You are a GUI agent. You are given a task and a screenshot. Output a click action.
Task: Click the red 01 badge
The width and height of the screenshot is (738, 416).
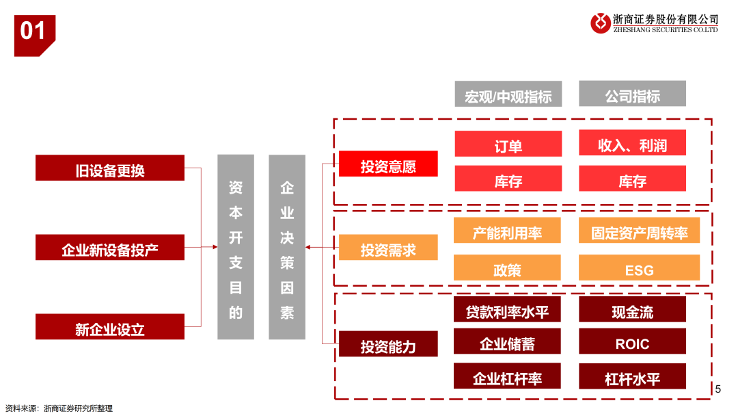click(x=33, y=32)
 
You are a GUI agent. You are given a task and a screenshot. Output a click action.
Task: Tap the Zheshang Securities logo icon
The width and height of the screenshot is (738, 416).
click(x=601, y=23)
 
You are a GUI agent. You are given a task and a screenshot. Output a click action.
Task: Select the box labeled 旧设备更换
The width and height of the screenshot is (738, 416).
click(x=110, y=168)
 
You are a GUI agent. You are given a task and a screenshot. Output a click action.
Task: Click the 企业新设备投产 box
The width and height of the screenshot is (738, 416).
click(x=110, y=248)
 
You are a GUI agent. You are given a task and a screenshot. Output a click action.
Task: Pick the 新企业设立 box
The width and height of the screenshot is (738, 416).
click(x=110, y=327)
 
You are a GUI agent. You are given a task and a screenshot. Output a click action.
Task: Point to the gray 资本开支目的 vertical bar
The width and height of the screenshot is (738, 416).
click(x=236, y=247)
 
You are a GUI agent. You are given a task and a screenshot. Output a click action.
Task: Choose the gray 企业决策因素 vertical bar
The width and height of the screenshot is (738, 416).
click(x=287, y=247)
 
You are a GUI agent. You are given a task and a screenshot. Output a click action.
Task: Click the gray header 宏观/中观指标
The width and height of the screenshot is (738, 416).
click(x=508, y=94)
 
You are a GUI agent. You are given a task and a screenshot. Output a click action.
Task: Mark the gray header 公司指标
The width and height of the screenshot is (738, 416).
click(x=632, y=94)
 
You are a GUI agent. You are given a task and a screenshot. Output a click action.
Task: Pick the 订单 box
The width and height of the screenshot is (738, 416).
click(x=508, y=144)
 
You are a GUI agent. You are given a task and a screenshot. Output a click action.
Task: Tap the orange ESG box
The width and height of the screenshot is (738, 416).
click(x=639, y=268)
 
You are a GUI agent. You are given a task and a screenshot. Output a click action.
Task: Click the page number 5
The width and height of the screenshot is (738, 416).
click(x=717, y=389)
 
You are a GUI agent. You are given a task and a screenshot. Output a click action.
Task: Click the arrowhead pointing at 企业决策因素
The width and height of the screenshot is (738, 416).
click(x=309, y=247)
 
